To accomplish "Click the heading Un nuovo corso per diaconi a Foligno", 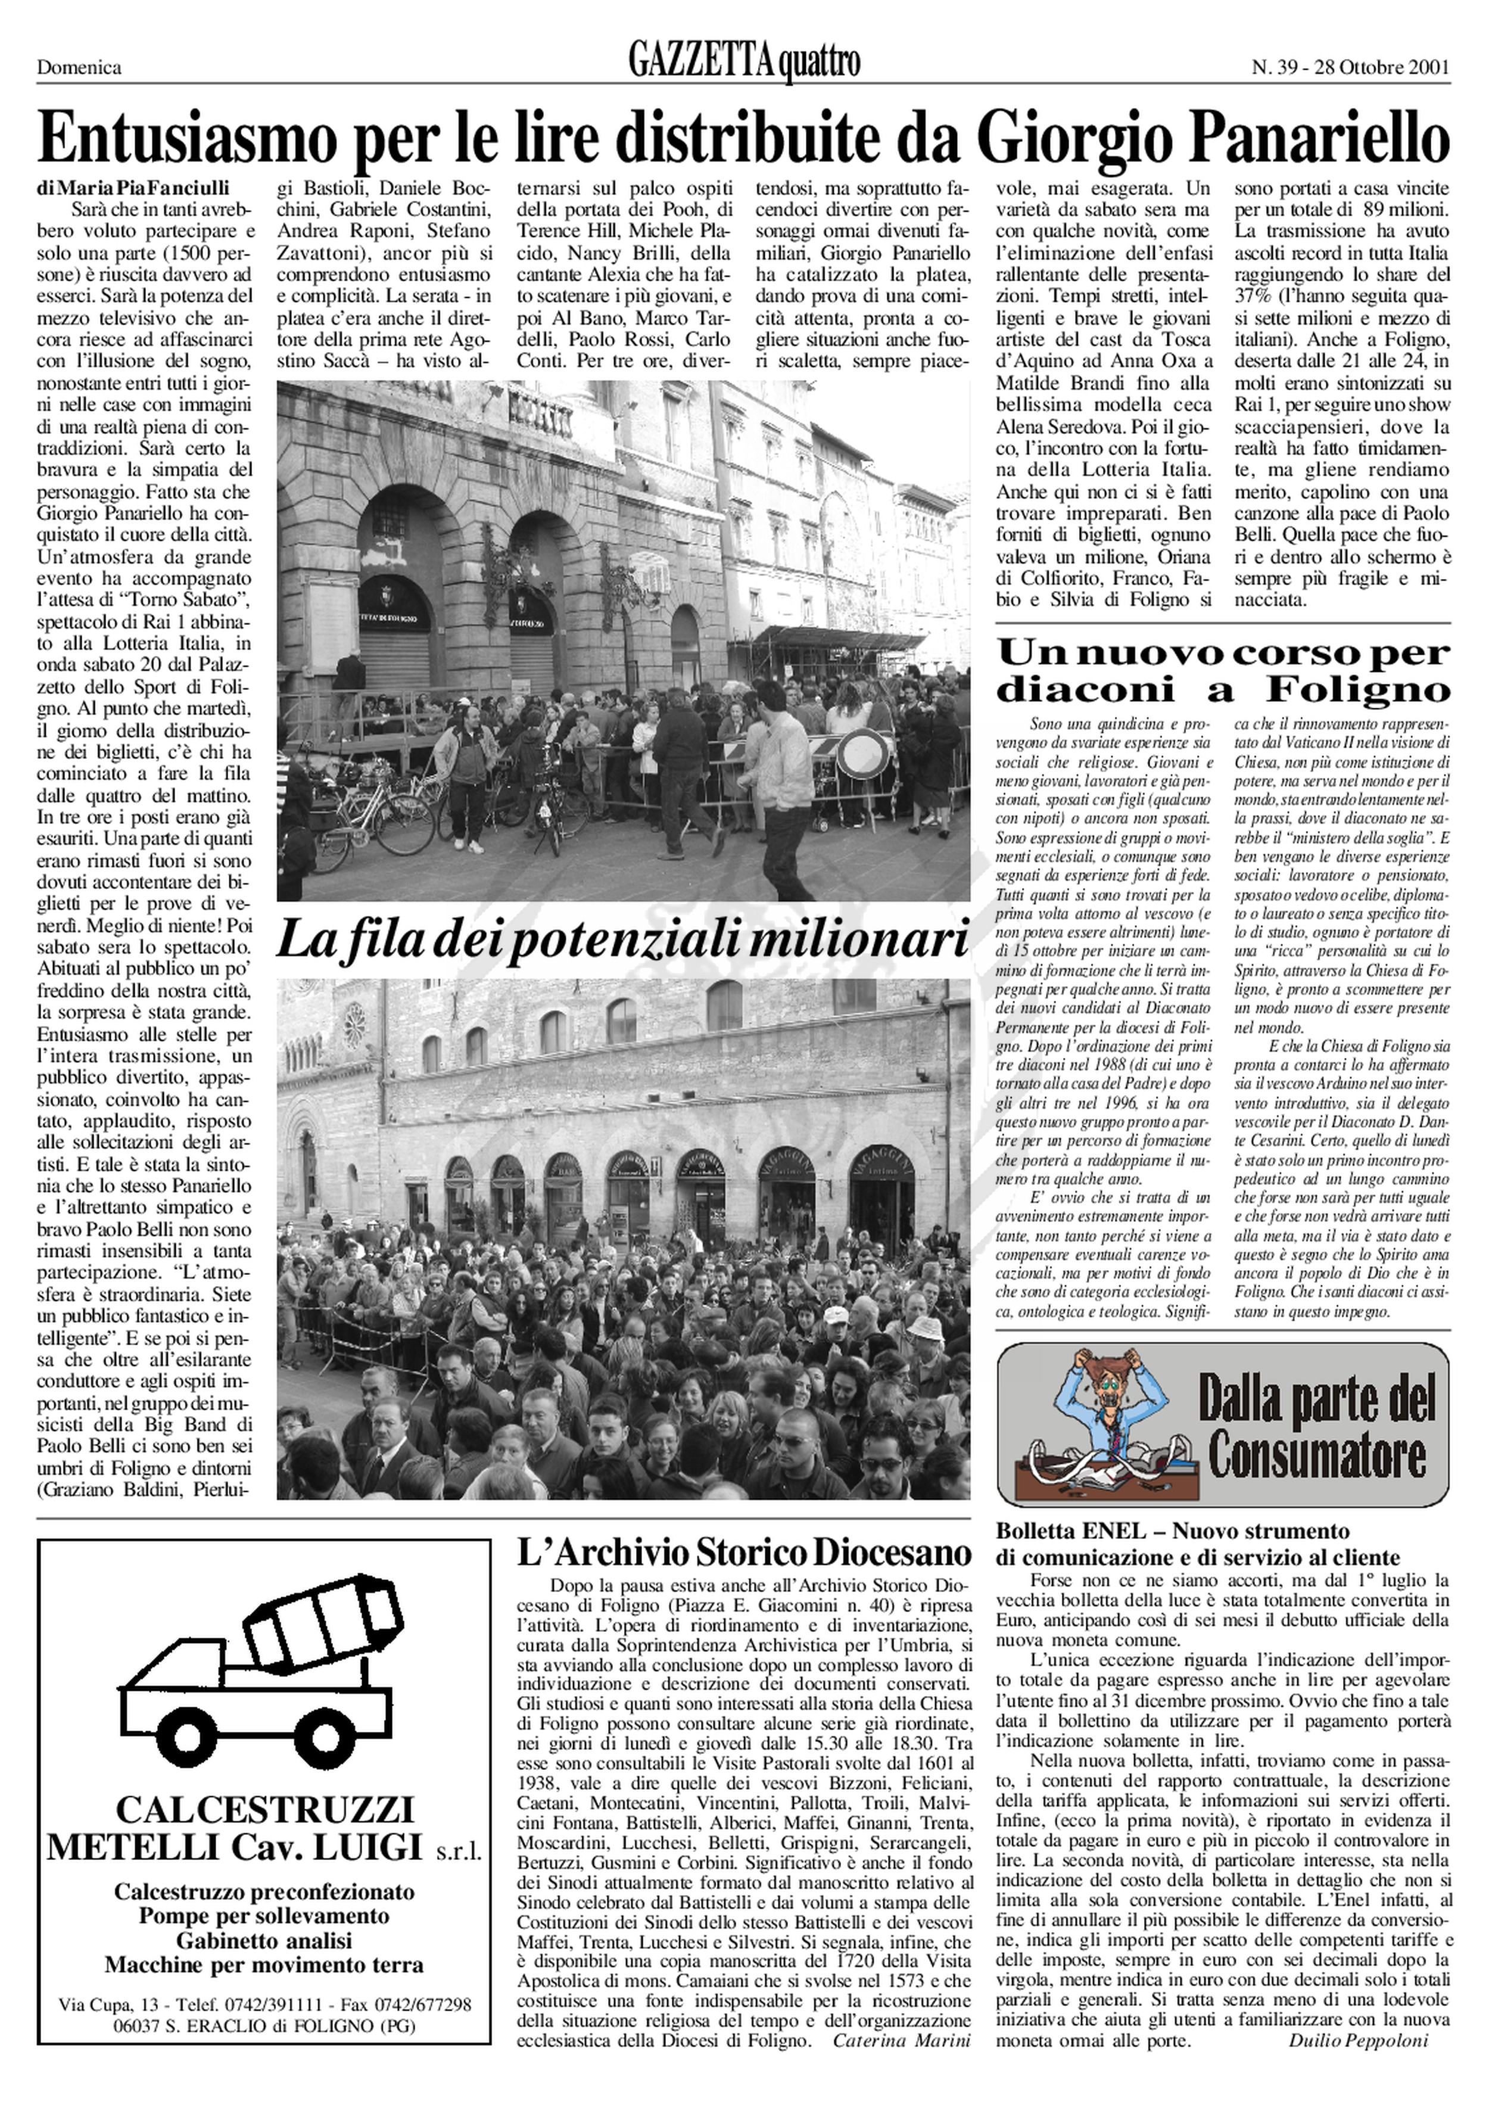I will tap(1223, 670).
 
